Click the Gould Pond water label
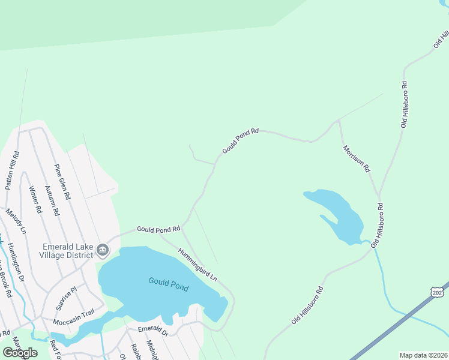pyautogui.click(x=168, y=284)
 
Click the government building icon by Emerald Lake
pyautogui.click(x=103, y=249)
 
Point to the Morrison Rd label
pyautogui.click(x=356, y=159)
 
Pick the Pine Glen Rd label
pyautogui.click(x=62, y=182)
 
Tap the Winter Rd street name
pyautogui.click(x=35, y=200)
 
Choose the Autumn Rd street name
pyautogui.click(x=52, y=200)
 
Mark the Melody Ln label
pyautogui.click(x=16, y=221)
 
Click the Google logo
pyautogui.click(x=20, y=353)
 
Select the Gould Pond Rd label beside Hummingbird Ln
pyautogui.click(x=158, y=229)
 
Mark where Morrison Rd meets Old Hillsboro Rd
pyautogui.click(x=378, y=195)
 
